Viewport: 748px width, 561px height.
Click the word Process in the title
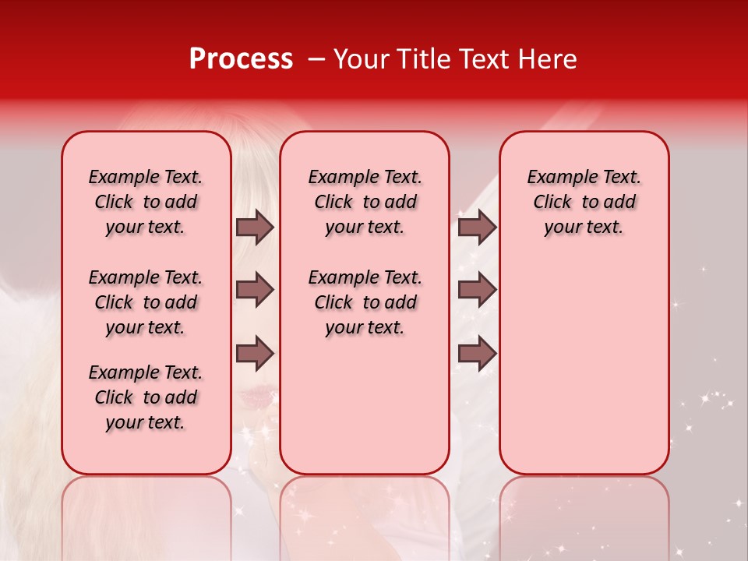pyautogui.click(x=241, y=59)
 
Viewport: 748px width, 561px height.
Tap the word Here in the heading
pyautogui.click(x=547, y=59)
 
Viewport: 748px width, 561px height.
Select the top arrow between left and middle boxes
pyautogui.click(x=255, y=227)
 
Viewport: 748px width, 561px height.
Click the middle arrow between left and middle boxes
pyautogui.click(x=255, y=290)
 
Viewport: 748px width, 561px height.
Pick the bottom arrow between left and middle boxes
pyautogui.click(x=255, y=354)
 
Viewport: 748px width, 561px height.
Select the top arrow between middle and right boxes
pyautogui.click(x=477, y=227)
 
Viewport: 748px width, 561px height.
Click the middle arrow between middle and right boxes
pyautogui.click(x=477, y=290)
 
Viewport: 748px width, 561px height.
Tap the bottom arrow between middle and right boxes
pyautogui.click(x=477, y=354)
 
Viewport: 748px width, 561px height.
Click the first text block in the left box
pyautogui.click(x=146, y=202)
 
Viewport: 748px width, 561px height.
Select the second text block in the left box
pyautogui.click(x=146, y=302)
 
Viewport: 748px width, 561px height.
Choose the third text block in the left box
pyautogui.click(x=146, y=397)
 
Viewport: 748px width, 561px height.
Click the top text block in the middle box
pyautogui.click(x=365, y=202)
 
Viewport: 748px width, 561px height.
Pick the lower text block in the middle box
pyautogui.click(x=365, y=302)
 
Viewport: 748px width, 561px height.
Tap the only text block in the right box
pyautogui.click(x=584, y=202)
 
